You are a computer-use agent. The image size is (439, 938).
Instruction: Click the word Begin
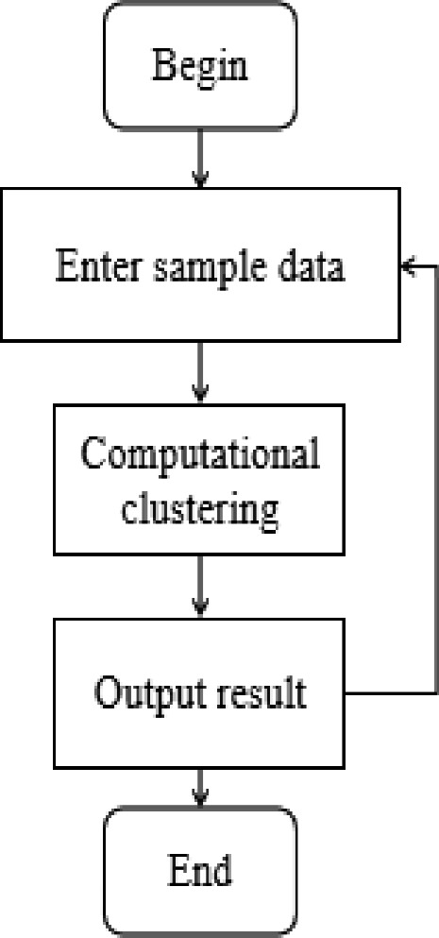[x=199, y=67]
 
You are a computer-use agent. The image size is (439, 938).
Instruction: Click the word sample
[x=207, y=268]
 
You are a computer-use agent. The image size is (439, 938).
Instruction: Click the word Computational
[x=199, y=455]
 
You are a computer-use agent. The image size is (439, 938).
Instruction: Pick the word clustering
[x=199, y=510]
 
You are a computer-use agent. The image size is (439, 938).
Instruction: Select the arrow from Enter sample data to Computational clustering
[x=199, y=372]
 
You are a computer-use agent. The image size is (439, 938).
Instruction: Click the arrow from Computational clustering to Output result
[x=199, y=586]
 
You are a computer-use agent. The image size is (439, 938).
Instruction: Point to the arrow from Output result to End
[x=199, y=786]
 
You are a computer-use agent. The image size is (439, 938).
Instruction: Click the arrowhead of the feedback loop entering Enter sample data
[x=407, y=267]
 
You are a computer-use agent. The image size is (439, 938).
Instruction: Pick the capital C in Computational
[x=92, y=455]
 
